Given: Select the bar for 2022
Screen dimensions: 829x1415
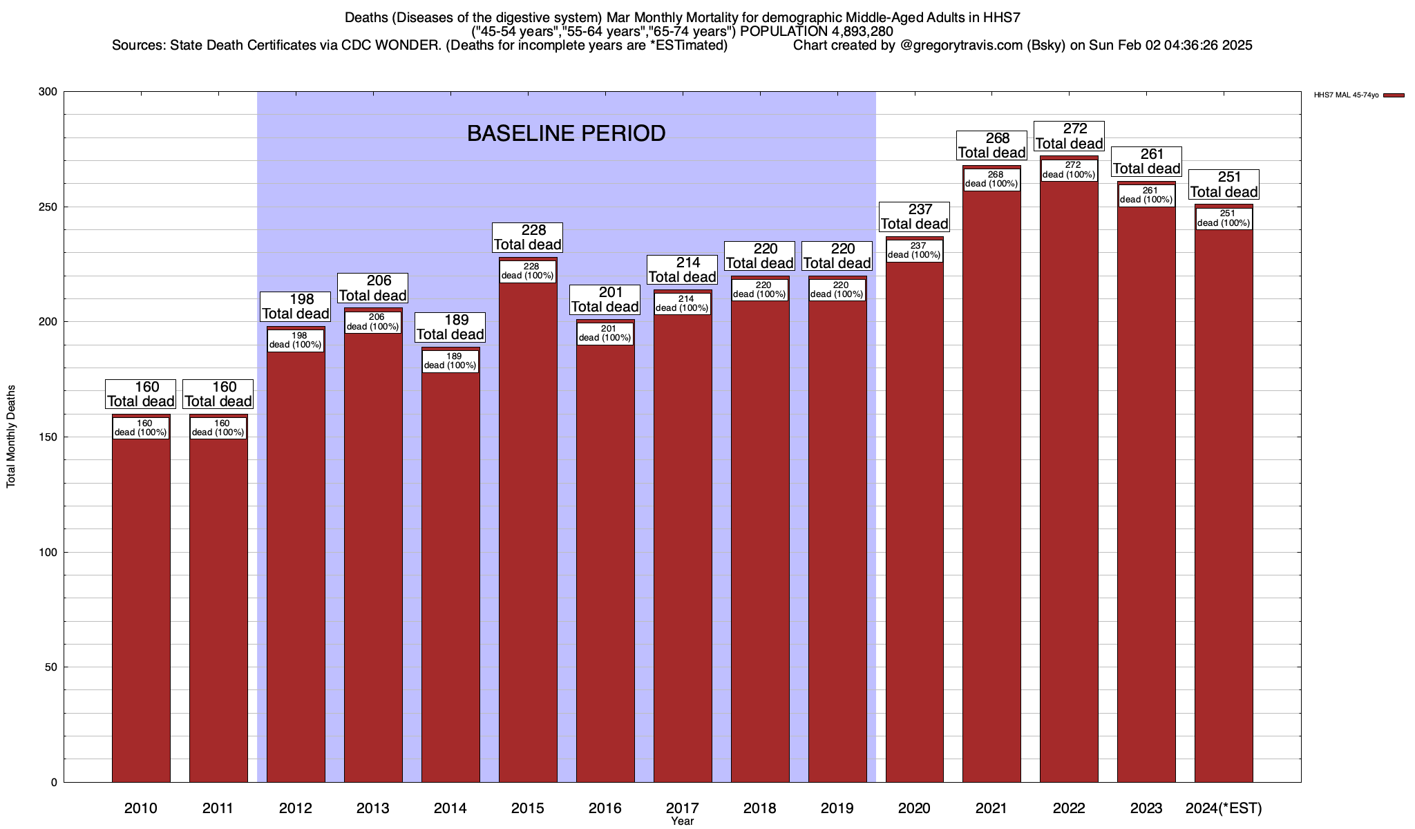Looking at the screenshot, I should [1069, 484].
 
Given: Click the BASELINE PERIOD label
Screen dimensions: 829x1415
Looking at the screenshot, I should [566, 133].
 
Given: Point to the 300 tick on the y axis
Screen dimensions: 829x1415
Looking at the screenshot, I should [49, 92].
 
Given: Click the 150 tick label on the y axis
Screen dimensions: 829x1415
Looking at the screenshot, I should [49, 437].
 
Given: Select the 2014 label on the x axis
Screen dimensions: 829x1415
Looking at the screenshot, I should [450, 808].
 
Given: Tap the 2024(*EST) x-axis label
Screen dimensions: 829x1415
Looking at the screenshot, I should [1224, 808].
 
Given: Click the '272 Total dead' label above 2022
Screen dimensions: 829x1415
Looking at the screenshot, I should [1069, 136].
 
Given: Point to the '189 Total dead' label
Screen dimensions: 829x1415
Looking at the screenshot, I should [450, 327].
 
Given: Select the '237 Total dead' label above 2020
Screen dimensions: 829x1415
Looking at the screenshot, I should [914, 217].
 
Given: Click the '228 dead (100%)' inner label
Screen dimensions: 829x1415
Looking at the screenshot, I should [528, 271].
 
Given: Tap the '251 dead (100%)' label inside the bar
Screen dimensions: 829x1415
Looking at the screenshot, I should [1224, 218].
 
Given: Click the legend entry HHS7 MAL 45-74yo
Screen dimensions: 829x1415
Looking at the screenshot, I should [1347, 95].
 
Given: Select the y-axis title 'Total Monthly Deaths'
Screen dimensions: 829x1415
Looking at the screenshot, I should [11, 437].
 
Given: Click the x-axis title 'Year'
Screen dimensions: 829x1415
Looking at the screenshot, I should [682, 821].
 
